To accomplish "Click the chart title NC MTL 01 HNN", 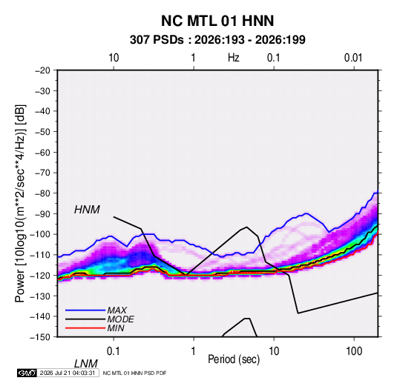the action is (217, 21).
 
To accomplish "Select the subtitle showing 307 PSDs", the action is (217, 40).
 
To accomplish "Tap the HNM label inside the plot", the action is (87, 210).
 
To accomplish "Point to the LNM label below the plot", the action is (86, 364).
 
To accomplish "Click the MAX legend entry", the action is (117, 310).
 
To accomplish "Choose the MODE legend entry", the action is (120, 319).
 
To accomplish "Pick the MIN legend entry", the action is (116, 328).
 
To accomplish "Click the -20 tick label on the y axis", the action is (42, 70).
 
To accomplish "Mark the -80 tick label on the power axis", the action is (42, 193).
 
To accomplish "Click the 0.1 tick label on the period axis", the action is (114, 351).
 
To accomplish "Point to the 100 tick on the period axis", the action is (354, 351).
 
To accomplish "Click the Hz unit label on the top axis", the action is (234, 58).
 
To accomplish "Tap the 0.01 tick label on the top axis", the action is (353, 58).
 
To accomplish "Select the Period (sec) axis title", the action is (234, 359).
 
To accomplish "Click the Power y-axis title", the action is (21, 203).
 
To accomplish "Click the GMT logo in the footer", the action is (27, 373).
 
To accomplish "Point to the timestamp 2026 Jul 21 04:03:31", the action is (68, 373).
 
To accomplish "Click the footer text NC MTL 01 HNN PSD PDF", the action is (135, 373).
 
